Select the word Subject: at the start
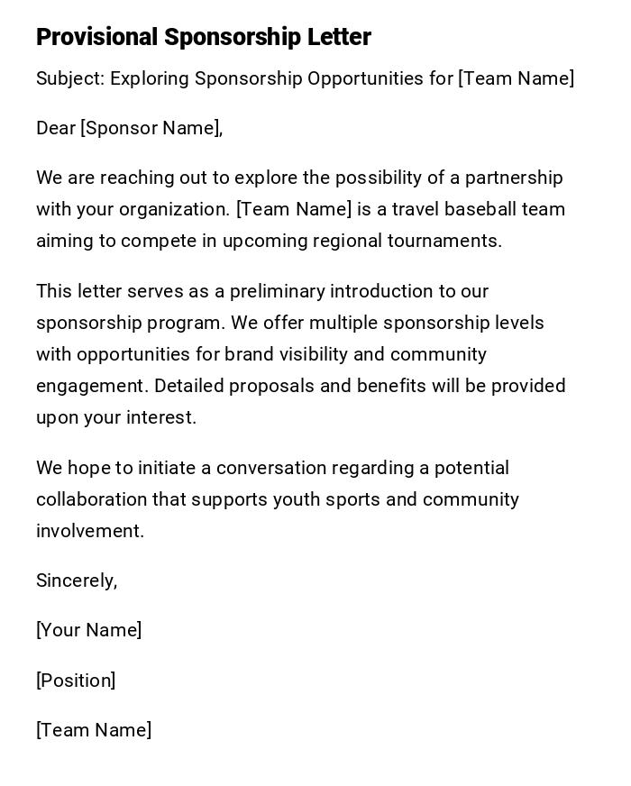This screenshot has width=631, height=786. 70,78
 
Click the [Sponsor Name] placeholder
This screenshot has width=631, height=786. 151,128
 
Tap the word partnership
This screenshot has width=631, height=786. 514,178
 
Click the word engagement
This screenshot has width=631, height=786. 91,386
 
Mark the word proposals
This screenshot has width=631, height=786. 266,386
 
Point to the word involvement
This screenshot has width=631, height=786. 89,531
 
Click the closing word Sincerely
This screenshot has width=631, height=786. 76,580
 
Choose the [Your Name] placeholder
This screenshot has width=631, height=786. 88,630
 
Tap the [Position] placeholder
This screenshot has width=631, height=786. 76,681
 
